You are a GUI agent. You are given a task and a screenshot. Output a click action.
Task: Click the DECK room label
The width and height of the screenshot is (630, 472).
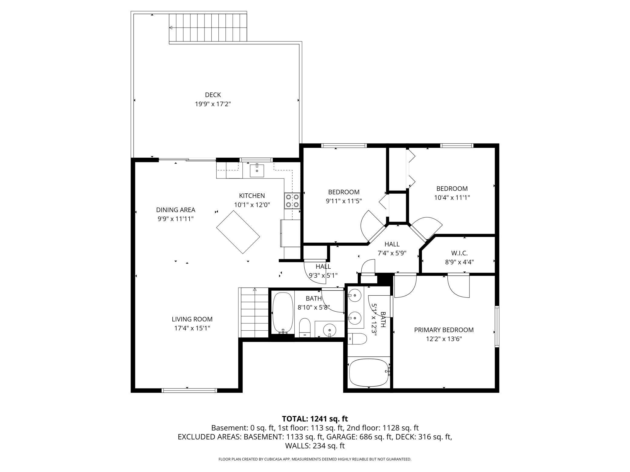coord(213,95)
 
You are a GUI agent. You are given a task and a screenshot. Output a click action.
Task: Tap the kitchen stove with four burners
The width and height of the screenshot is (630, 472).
coord(292,201)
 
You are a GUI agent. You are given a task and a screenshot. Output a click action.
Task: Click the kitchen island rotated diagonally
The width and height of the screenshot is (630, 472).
coord(238,232)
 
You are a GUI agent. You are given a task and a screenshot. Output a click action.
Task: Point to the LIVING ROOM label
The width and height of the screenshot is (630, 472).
coord(192,319)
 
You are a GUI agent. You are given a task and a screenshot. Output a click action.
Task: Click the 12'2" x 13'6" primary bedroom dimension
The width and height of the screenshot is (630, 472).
coord(444,339)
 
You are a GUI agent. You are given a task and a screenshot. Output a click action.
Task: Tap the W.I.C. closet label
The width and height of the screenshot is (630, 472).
coord(459,253)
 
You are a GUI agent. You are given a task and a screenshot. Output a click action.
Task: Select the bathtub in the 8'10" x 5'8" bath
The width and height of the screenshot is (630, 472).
coord(283,313)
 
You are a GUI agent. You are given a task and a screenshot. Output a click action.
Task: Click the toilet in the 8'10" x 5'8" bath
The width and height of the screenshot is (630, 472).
coord(305,327)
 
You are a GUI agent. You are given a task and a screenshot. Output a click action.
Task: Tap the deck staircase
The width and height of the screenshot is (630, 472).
coord(208,28)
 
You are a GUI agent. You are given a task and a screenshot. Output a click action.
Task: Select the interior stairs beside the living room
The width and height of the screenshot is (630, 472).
coord(254,313)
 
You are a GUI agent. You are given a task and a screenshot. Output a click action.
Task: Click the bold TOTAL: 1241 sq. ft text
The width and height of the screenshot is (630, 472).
coord(315,419)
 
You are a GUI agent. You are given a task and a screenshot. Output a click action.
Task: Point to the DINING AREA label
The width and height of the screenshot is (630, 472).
coord(176,210)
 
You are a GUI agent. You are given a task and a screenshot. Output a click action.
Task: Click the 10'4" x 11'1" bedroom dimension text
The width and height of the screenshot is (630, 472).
coord(452,198)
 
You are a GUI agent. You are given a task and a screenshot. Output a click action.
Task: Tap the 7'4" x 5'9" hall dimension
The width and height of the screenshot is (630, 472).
coord(392,253)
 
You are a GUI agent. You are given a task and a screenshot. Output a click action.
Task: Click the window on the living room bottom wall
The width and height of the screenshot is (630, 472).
coord(190,391)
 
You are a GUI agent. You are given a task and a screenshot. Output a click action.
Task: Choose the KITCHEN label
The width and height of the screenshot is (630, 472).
coord(252,196)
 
